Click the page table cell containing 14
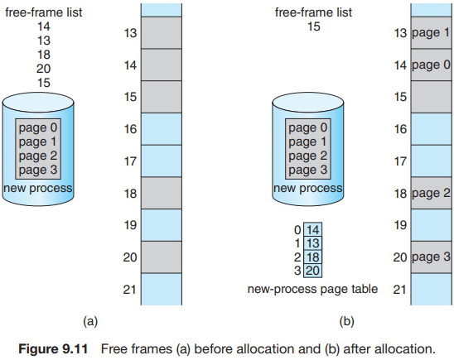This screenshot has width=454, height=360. click(312, 229)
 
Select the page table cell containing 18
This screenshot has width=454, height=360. click(312, 257)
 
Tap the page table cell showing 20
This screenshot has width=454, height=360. click(312, 271)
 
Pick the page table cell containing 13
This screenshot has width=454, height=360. click(312, 243)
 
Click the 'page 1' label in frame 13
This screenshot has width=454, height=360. click(431, 33)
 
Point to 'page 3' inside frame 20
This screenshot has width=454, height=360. click(431, 257)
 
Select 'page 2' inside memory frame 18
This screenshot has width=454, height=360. click(431, 193)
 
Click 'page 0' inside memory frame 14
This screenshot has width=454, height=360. click(431, 65)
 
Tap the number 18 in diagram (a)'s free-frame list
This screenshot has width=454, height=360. click(44, 55)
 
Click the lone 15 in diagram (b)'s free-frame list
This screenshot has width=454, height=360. click(313, 26)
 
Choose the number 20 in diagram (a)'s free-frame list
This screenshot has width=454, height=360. click(44, 69)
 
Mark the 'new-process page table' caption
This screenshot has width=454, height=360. click(312, 289)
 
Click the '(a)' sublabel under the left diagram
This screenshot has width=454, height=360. click(90, 321)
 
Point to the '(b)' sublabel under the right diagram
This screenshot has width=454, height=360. click(346, 321)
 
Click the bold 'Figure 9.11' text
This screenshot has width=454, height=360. click(53, 348)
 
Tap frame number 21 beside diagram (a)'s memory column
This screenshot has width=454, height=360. click(129, 290)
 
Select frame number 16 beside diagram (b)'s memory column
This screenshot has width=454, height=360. click(400, 129)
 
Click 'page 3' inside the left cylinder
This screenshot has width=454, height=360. click(38, 170)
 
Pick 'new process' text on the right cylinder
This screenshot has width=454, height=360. click(308, 188)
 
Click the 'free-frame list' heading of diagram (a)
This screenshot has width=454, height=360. click(44, 12)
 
